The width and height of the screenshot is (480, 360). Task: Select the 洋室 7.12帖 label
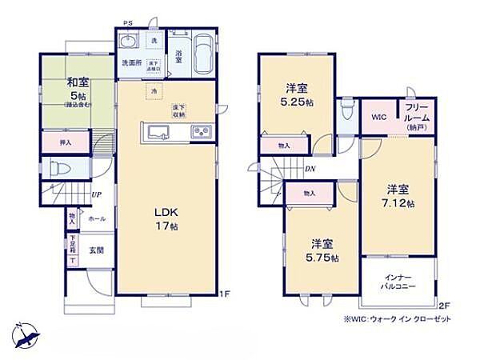398,196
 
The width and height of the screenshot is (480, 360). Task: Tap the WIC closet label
378,116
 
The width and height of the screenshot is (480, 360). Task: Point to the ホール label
96,218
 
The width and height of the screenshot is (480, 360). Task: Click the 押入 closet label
65,142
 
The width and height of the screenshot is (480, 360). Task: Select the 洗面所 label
131,62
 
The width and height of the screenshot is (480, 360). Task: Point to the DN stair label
310,168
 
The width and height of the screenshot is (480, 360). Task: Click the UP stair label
96,194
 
